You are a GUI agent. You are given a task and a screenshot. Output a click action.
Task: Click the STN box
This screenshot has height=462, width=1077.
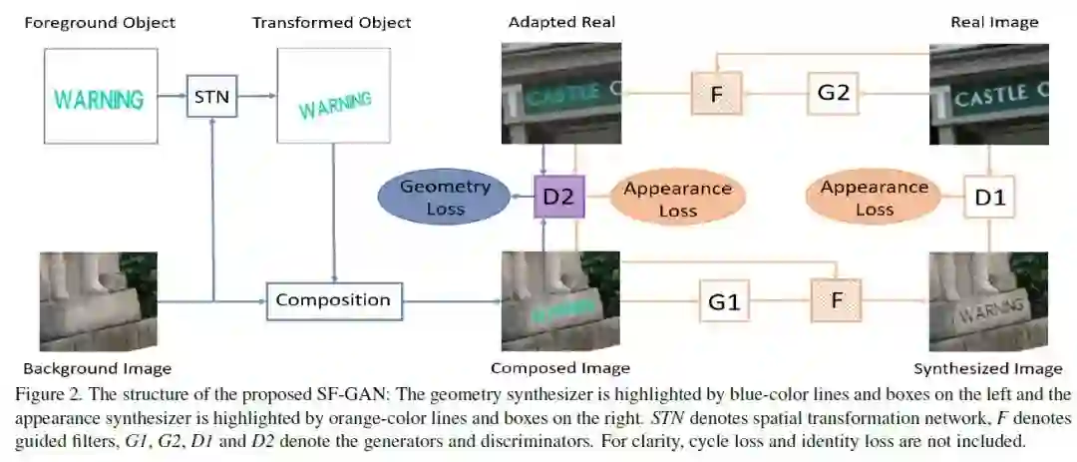pos(211,97)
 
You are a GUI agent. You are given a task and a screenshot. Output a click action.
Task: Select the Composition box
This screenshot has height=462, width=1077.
pos(333,300)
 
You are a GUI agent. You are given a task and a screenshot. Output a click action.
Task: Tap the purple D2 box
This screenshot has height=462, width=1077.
pos(557,197)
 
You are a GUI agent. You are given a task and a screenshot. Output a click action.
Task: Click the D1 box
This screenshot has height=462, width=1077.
pos(989,198)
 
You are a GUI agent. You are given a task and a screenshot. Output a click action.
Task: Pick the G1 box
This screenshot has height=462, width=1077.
pos(723,300)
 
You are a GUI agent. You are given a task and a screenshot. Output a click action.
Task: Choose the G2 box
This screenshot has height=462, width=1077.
pos(833,94)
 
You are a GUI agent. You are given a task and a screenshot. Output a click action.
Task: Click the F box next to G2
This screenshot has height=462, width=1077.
pos(715,94)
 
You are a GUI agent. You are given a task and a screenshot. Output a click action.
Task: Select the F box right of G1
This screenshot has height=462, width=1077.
pos(836,300)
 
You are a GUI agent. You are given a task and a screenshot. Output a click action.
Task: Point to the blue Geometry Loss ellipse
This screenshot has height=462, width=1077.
pos(445,197)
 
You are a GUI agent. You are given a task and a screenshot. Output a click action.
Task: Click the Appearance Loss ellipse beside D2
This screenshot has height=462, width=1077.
pos(678,198)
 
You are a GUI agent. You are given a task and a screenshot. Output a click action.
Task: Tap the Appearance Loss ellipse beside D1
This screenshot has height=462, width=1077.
pos(875,198)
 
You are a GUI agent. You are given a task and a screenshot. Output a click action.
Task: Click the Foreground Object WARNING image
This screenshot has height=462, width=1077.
pos(99,97)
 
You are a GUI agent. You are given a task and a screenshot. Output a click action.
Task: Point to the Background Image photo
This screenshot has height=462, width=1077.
pos(98,300)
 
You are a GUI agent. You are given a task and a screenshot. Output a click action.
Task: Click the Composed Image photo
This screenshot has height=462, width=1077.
pos(559,300)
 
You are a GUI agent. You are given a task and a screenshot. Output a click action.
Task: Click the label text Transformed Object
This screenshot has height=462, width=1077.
pos(332,22)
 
